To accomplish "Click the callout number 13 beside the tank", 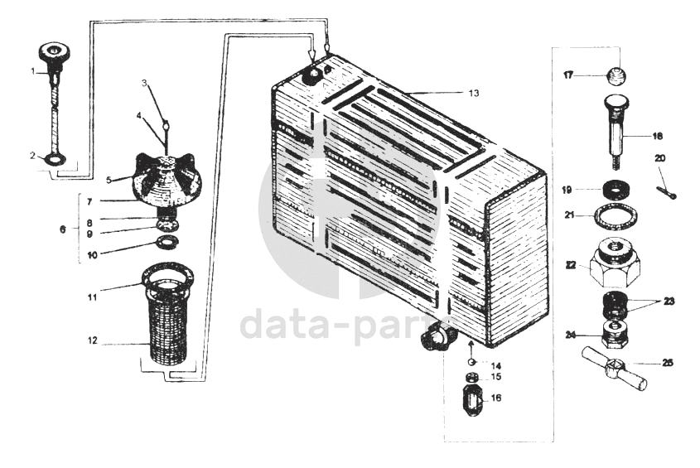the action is pos(474,93).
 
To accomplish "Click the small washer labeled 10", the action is pos(167,242).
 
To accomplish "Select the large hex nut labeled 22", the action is pos(615,264).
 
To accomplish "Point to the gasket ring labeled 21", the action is pos(616,215).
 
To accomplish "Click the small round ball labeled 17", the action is pos(616,75).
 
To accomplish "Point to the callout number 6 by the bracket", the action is pos(63,229).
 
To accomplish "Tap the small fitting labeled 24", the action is pos(615,334).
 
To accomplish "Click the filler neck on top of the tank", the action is pos(311,76).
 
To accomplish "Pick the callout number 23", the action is pos(669,302).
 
